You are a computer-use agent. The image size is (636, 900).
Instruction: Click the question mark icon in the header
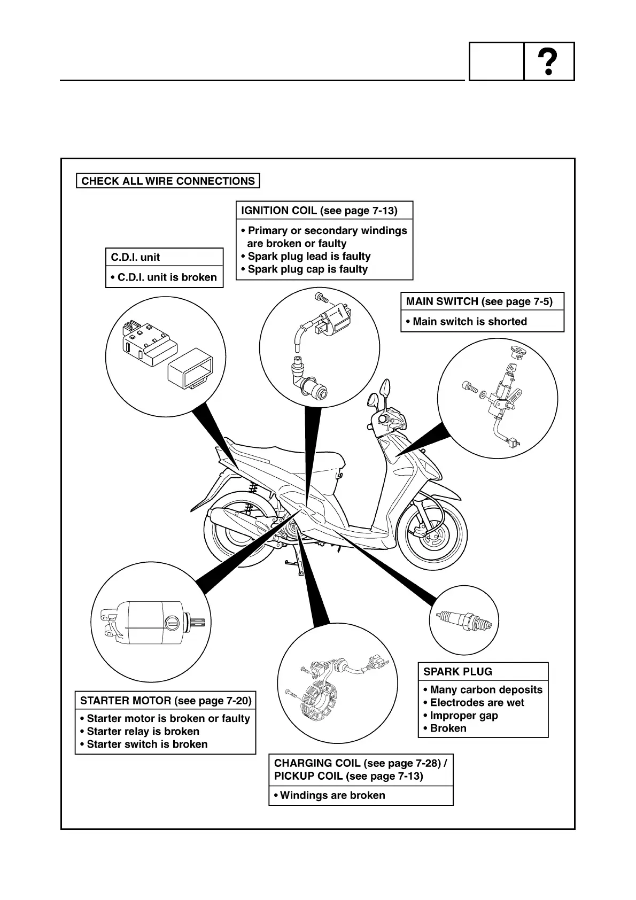coord(549,62)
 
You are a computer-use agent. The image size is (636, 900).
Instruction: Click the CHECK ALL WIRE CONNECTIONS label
coord(168,181)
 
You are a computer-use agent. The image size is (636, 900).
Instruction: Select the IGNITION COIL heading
coord(319,211)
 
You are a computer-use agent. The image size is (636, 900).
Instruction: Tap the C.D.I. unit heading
coord(135,257)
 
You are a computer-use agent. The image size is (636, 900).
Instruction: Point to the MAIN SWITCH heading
coord(479,301)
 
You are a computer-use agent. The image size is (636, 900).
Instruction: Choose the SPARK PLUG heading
coord(457,672)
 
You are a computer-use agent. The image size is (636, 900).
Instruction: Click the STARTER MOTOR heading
coord(166,701)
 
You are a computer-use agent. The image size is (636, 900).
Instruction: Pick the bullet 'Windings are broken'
coord(332,795)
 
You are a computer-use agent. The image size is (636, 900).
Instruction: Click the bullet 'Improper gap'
coord(464,716)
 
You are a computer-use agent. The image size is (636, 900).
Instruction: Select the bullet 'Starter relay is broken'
coord(143,732)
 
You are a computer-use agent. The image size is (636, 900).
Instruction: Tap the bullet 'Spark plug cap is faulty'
coord(307,269)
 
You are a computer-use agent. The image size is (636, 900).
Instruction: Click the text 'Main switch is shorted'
coord(470,322)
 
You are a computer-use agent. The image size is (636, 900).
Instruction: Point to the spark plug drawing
coord(463,620)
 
